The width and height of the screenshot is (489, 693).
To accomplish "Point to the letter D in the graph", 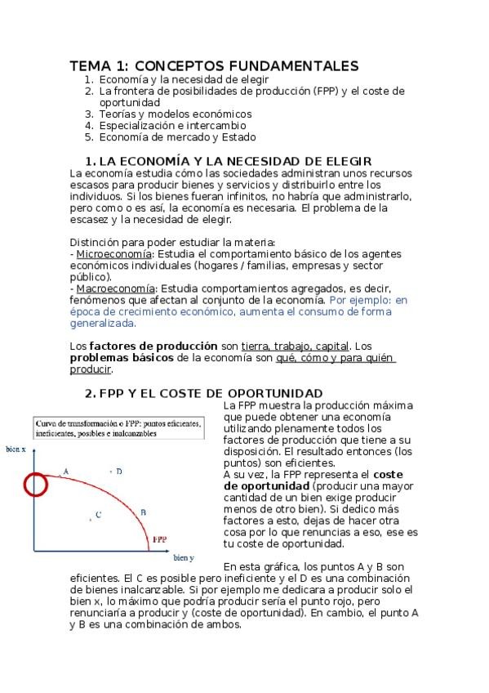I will (119, 471).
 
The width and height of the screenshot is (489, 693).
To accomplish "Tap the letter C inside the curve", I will (98, 514).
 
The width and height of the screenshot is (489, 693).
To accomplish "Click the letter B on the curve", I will (143, 512).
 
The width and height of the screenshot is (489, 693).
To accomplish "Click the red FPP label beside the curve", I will (160, 539).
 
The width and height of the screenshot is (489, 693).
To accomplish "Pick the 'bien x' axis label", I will (16, 449).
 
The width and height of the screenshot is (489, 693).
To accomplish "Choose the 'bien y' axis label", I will (183, 557).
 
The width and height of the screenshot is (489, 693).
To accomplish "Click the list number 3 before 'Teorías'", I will (89, 114).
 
